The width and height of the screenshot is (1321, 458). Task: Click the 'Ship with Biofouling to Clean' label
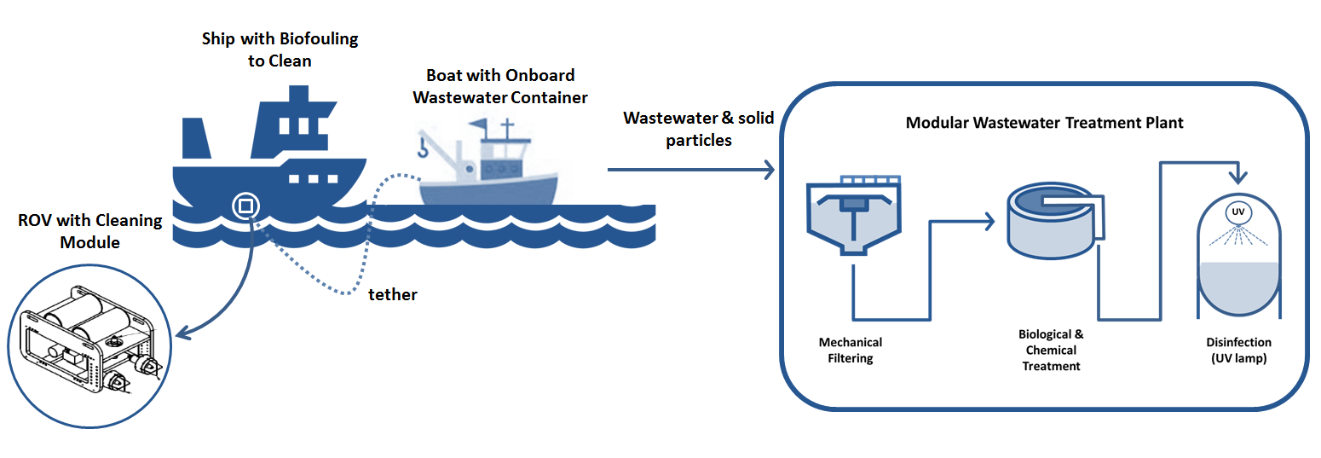point(280,49)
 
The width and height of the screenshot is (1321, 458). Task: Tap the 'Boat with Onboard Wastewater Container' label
point(500,86)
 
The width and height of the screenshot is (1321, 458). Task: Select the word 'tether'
point(393,294)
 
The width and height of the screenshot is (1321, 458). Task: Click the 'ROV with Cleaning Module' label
point(89,231)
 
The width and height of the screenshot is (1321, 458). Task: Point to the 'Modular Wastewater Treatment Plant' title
point(1044,123)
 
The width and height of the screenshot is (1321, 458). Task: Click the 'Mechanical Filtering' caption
point(851,350)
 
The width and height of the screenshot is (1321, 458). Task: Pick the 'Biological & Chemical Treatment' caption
point(1051,350)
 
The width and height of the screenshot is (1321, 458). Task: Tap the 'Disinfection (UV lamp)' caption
point(1238,350)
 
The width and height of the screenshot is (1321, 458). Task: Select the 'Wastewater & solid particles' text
point(699,129)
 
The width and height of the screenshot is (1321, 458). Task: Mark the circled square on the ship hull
point(245,206)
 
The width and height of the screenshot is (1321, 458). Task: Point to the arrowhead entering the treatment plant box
point(770,170)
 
